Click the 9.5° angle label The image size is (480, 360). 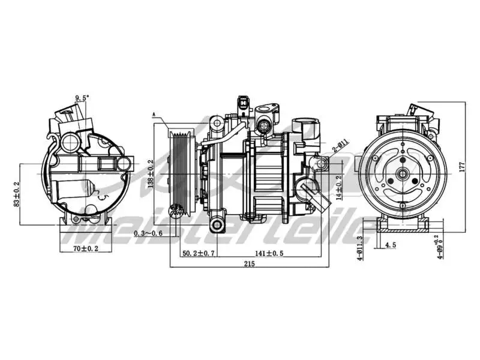coord(82,97)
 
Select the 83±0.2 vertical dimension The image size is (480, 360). coord(16,194)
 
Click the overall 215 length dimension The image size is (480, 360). coord(249,265)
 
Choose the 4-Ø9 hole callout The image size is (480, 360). coord(441,246)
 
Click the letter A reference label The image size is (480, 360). coord(154,113)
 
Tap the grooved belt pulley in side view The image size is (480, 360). coord(181,174)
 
